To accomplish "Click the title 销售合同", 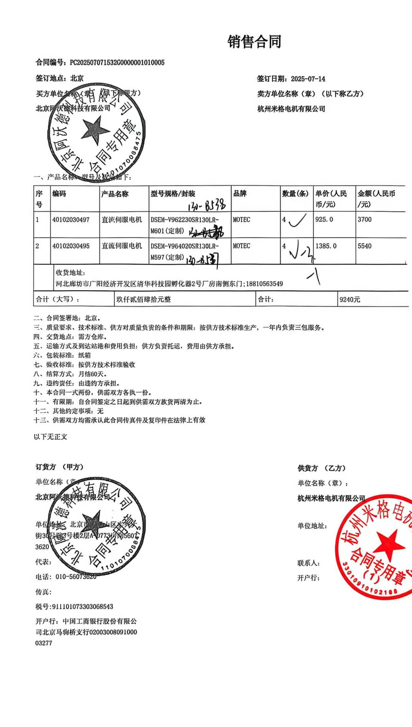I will pyautogui.click(x=254, y=42).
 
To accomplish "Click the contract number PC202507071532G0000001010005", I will pyautogui.click(x=117, y=62).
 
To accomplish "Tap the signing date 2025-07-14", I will pyautogui.click(x=308, y=79).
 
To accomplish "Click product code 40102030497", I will pyautogui.click(x=71, y=220).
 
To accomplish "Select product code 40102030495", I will pyautogui.click(x=71, y=246).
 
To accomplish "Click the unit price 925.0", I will pyautogui.click(x=324, y=219).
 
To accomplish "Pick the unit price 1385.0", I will pyautogui.click(x=326, y=246).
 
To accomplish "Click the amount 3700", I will pyautogui.click(x=364, y=219).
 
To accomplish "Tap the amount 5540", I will pyautogui.click(x=364, y=246).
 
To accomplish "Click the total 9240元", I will pyautogui.click(x=350, y=300).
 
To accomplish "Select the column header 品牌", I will pyautogui.click(x=240, y=193).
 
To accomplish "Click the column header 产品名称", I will pyautogui.click(x=115, y=194).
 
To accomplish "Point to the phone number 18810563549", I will pyautogui.click(x=265, y=284).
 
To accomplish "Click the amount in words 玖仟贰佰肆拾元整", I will pyautogui.click(x=144, y=299).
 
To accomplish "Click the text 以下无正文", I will pyautogui.click(x=51, y=437).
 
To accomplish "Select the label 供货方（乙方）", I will pyautogui.click(x=322, y=468).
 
